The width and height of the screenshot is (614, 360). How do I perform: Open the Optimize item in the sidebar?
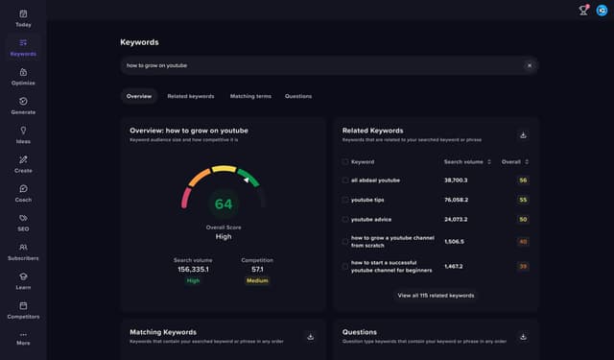coord(23,76)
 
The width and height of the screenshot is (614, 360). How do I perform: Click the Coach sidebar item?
coord(23,192)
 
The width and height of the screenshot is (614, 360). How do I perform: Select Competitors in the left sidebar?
coord(23,308)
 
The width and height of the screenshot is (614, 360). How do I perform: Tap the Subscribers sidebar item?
coord(23,251)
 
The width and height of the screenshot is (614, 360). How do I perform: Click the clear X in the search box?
coord(529,65)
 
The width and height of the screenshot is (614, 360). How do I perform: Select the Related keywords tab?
coord(190,96)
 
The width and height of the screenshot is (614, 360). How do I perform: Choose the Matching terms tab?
coord(250,96)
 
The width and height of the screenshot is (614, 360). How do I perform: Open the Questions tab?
coord(297,96)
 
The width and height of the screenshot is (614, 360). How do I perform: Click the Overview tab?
coord(139,96)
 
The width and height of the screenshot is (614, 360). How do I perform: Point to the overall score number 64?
coord(224,204)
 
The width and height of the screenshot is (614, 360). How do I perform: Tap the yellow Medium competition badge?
coord(257,280)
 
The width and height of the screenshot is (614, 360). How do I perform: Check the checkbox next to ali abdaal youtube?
coord(345,180)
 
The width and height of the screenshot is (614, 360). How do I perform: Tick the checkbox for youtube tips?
coord(345,200)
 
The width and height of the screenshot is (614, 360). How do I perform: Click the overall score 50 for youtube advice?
coord(523,219)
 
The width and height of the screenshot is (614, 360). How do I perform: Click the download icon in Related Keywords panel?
coord(523,135)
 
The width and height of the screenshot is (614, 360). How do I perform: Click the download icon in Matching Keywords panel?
coord(310,336)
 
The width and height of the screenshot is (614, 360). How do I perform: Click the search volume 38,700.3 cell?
coord(456,180)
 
